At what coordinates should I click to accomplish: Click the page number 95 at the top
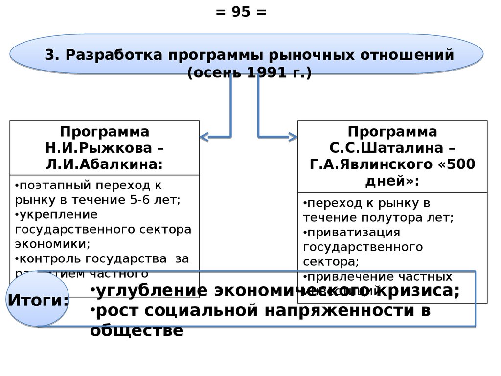[241, 12]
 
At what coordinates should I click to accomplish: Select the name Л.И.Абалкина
[104, 163]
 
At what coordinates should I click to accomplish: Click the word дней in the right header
[385, 180]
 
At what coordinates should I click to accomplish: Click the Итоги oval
[38, 299]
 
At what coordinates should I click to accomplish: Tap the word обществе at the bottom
[137, 331]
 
